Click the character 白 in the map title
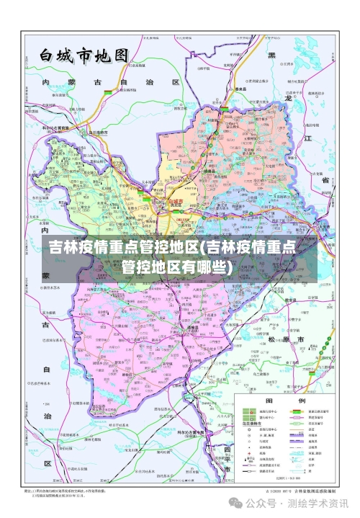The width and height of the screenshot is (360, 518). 48,56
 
